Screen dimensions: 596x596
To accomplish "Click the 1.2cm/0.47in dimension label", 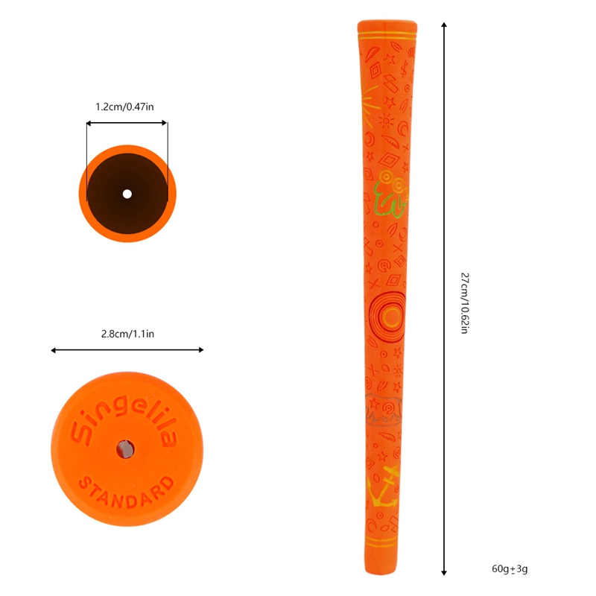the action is pos(124,107).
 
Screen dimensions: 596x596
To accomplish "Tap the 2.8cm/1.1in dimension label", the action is pos(127,334).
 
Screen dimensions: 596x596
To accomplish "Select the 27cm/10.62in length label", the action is pos(464,303).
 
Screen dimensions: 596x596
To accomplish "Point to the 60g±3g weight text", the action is pos(510,569).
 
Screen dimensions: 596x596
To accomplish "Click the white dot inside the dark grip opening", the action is pos(127,194).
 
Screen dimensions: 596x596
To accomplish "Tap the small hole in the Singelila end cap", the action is pos(125,449).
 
